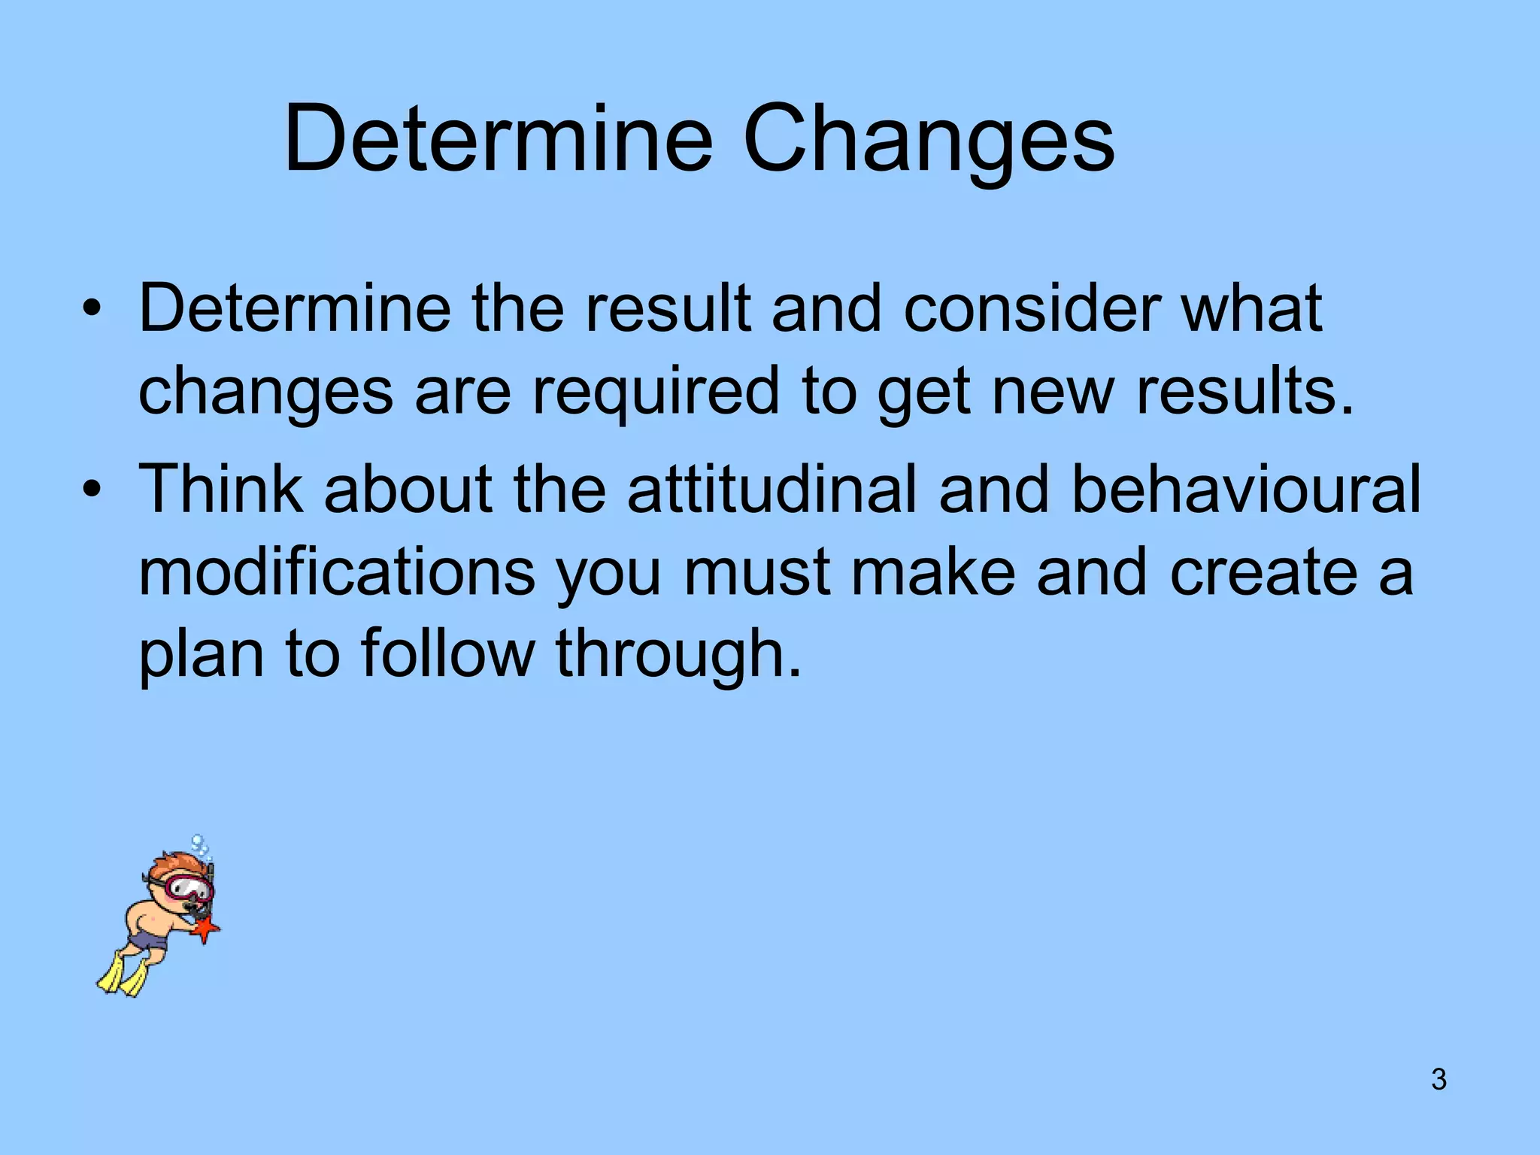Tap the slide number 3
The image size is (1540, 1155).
coord(1438,1079)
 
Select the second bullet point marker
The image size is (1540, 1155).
coord(92,490)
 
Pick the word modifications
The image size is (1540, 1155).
coord(336,571)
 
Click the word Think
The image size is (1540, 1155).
coord(221,489)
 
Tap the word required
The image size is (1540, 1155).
coord(656,391)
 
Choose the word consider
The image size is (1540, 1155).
coord(1032,308)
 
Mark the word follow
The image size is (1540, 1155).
coord(448,653)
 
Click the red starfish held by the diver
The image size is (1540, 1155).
coord(205,929)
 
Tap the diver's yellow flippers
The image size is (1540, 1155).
coord(123,975)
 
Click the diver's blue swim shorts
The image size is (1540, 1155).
coord(147,939)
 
